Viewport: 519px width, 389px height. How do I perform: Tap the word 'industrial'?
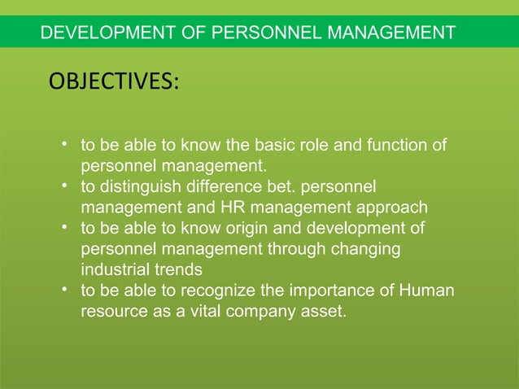tap(114, 269)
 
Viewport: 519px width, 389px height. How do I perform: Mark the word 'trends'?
tap(177, 269)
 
